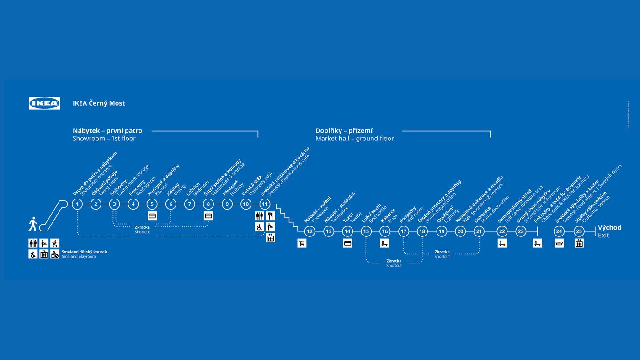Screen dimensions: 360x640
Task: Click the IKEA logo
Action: (x=44, y=103)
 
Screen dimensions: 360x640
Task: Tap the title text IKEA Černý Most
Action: (x=99, y=103)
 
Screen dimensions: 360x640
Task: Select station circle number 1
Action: (x=77, y=204)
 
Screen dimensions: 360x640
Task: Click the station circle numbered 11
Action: (x=264, y=204)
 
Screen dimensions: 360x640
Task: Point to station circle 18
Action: (x=422, y=231)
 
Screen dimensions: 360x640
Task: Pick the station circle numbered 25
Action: (x=579, y=231)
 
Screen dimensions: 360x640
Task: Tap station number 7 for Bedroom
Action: (x=190, y=204)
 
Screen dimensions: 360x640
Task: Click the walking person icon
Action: (x=33, y=224)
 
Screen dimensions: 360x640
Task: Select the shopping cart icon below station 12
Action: (x=302, y=243)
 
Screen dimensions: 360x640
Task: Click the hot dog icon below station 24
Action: (x=559, y=243)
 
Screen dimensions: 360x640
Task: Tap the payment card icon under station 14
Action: (x=347, y=243)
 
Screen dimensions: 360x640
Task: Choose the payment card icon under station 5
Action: (x=152, y=216)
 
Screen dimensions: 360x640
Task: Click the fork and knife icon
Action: (x=270, y=216)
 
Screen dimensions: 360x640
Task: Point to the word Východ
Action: (x=609, y=228)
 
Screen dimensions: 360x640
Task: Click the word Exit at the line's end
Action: (x=603, y=236)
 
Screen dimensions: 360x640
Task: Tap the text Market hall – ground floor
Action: (x=354, y=139)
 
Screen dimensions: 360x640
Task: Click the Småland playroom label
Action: (x=79, y=257)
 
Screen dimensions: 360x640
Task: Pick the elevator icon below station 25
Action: (x=579, y=243)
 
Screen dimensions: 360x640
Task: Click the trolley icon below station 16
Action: (x=384, y=243)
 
